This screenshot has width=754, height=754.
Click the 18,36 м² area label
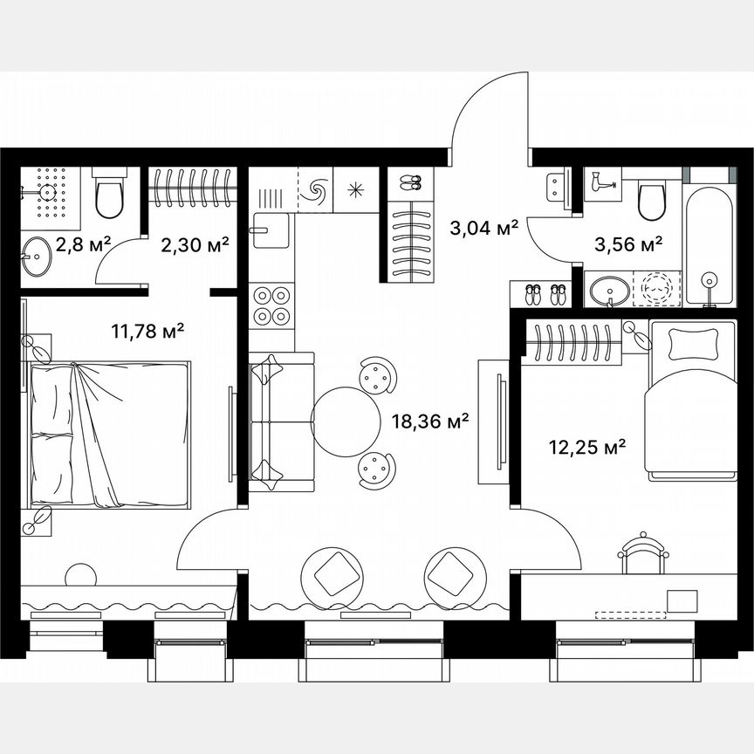(432, 421)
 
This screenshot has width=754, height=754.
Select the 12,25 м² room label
(587, 448)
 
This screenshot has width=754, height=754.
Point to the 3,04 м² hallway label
(483, 229)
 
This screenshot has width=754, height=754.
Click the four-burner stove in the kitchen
(271, 305)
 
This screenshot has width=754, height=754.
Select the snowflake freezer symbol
(357, 189)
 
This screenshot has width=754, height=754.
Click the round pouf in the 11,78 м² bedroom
(80, 577)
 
